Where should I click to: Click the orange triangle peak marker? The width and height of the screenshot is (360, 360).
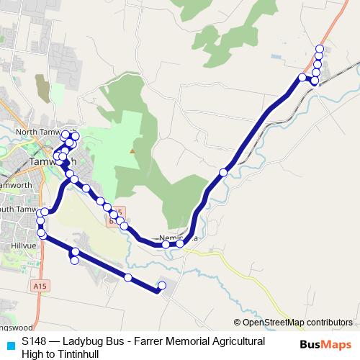132,150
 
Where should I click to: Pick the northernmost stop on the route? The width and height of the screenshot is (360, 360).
320,49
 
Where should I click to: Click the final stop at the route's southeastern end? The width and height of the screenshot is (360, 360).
161,286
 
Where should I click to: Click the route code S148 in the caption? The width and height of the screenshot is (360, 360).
35,341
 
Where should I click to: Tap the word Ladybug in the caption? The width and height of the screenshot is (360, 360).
85,341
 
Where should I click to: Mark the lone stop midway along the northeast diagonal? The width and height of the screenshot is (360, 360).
224,172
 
